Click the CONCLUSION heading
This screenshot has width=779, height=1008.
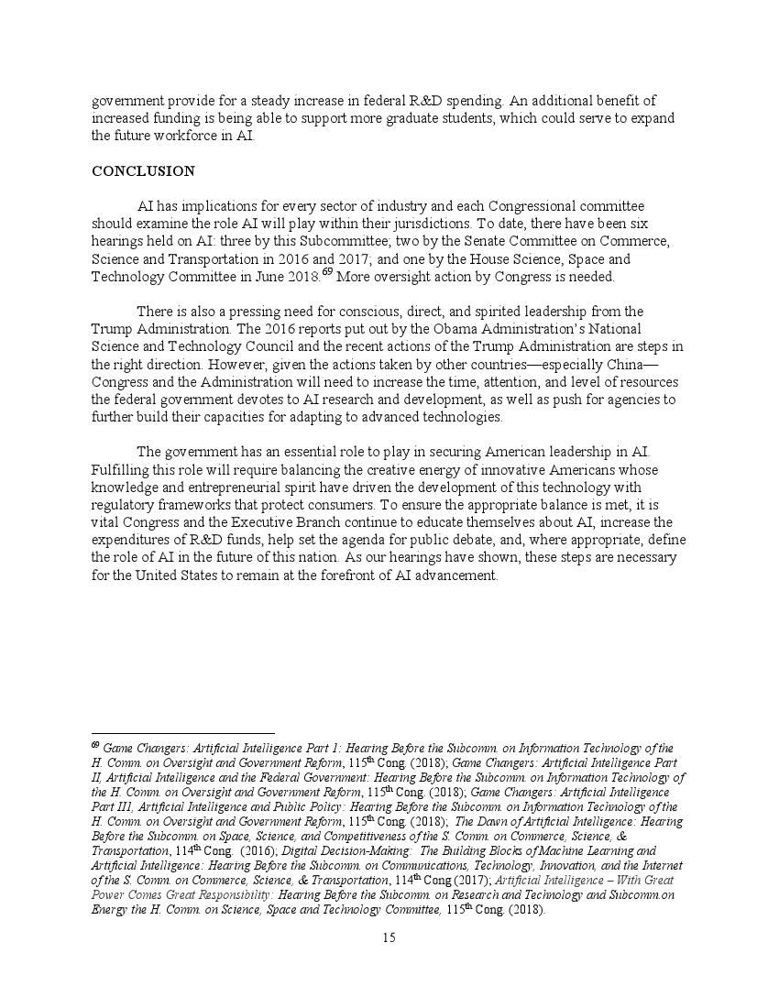143,171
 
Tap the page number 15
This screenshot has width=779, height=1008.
389,937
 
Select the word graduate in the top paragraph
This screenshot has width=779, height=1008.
456,118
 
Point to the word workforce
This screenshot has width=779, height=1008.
204,136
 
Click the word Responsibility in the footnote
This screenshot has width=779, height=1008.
224,895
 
